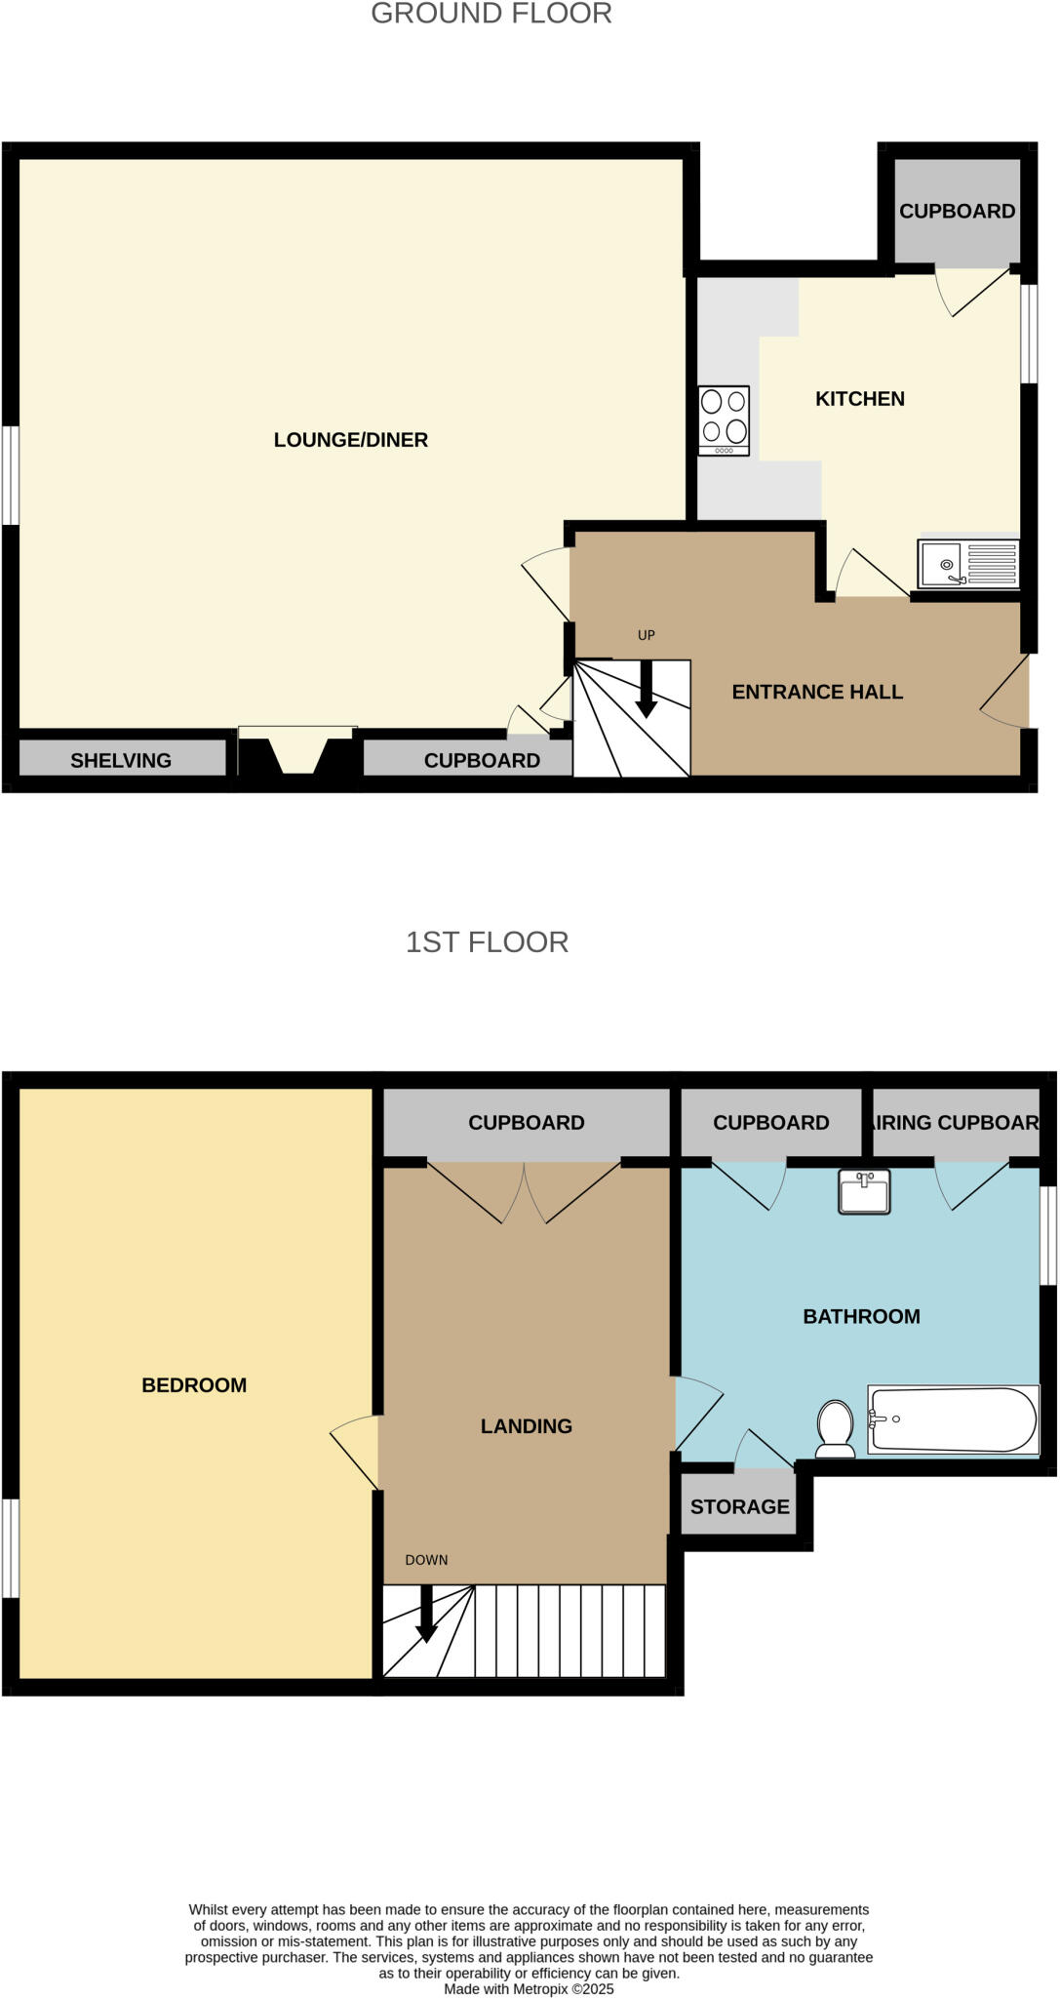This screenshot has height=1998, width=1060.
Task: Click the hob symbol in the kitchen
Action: [724, 420]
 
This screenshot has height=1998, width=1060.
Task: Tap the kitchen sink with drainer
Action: [967, 564]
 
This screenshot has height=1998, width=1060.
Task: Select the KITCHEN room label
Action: [859, 398]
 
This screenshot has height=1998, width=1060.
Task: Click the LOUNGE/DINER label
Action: [350, 440]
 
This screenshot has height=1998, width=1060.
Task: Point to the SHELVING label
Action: [121, 760]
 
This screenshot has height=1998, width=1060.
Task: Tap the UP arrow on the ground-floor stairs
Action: [646, 689]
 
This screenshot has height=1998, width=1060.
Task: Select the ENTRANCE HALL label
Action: [817, 692]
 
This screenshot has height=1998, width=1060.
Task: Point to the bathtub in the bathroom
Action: [952, 1419]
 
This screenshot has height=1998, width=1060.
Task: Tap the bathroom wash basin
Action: [864, 1192]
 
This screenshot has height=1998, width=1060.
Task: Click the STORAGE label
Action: [739, 1506]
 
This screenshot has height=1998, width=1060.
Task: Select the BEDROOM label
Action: [194, 1384]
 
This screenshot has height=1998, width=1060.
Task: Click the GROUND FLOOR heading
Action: [491, 14]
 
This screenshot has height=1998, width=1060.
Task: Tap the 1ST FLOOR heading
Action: [487, 941]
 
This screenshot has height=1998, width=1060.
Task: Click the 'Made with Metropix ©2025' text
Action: [529, 1988]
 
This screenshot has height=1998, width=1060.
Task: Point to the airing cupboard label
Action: [956, 1122]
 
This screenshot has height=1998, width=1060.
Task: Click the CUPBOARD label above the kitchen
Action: [957, 211]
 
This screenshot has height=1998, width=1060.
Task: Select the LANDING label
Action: [526, 1425]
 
